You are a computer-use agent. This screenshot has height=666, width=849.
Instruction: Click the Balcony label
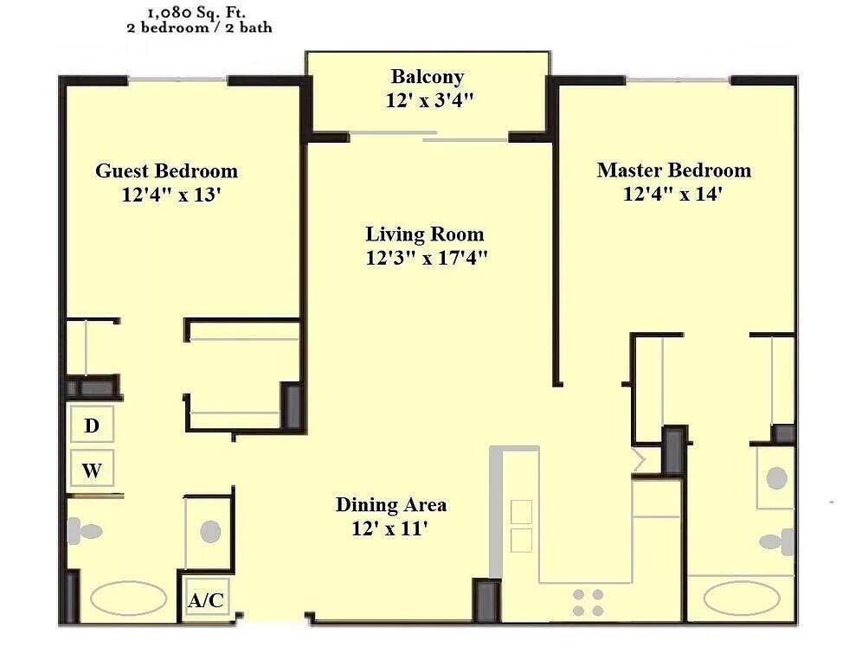[x=428, y=77]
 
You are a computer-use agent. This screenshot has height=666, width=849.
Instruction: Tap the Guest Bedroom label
[x=167, y=171]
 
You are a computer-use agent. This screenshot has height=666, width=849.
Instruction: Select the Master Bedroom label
[x=674, y=170]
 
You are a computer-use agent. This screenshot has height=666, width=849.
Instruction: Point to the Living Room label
[x=425, y=234]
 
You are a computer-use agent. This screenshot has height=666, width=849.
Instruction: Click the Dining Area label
[x=391, y=505]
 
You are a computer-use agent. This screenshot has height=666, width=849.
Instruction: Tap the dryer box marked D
[x=92, y=425]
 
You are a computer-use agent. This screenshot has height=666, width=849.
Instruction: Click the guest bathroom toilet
[x=85, y=529]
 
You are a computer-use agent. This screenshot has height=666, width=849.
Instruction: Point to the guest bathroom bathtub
[x=129, y=599]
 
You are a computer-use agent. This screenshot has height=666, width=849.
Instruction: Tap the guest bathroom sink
[x=210, y=531]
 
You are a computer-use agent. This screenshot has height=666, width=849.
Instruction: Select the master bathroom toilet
[x=776, y=541]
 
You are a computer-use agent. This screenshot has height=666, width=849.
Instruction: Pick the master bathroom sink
[x=777, y=478]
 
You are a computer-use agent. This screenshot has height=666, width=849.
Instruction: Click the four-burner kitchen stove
[x=588, y=603]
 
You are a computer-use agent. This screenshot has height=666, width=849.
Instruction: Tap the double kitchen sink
[x=521, y=526]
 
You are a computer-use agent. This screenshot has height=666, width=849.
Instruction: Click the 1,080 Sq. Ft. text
[x=196, y=12]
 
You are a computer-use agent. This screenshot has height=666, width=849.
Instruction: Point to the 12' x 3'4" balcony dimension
[x=429, y=100]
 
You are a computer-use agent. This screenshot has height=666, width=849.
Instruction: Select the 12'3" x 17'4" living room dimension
[x=427, y=258]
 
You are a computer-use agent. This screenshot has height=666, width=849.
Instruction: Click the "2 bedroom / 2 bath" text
[x=199, y=28]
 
